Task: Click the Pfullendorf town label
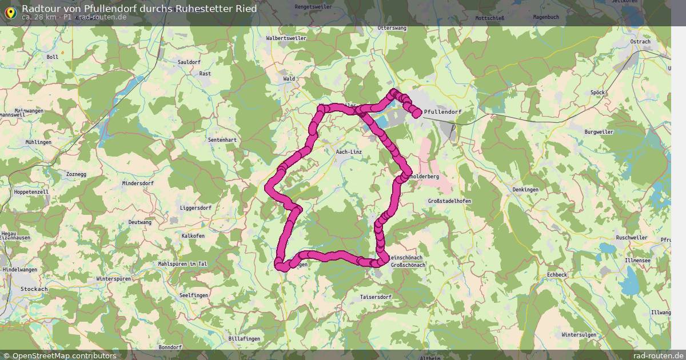click(443, 112)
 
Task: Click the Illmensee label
click(637, 260)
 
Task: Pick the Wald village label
click(289, 79)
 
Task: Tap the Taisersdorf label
click(376, 297)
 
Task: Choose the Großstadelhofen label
click(449, 201)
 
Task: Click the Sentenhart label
click(222, 139)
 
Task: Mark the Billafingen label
click(244, 338)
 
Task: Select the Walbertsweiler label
click(286, 38)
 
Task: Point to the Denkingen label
click(525, 189)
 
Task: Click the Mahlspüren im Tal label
click(181, 263)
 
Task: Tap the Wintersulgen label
click(579, 334)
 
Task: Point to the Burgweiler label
click(599, 131)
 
